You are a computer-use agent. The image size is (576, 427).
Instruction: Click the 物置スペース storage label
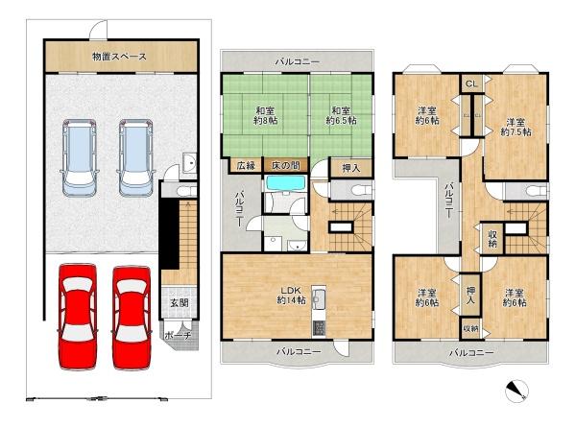(x=119, y=57)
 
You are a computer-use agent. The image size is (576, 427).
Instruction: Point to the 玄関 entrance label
(x=180, y=303)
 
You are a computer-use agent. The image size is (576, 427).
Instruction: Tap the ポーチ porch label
(x=176, y=337)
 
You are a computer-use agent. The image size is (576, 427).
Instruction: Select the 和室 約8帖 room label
(x=266, y=116)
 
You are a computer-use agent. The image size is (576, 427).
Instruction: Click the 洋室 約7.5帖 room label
(x=516, y=128)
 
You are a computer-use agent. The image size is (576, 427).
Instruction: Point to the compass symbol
(x=516, y=391)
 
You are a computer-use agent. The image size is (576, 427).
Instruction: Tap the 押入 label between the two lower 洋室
(x=471, y=295)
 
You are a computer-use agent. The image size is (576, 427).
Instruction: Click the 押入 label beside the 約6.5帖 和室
(x=351, y=168)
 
